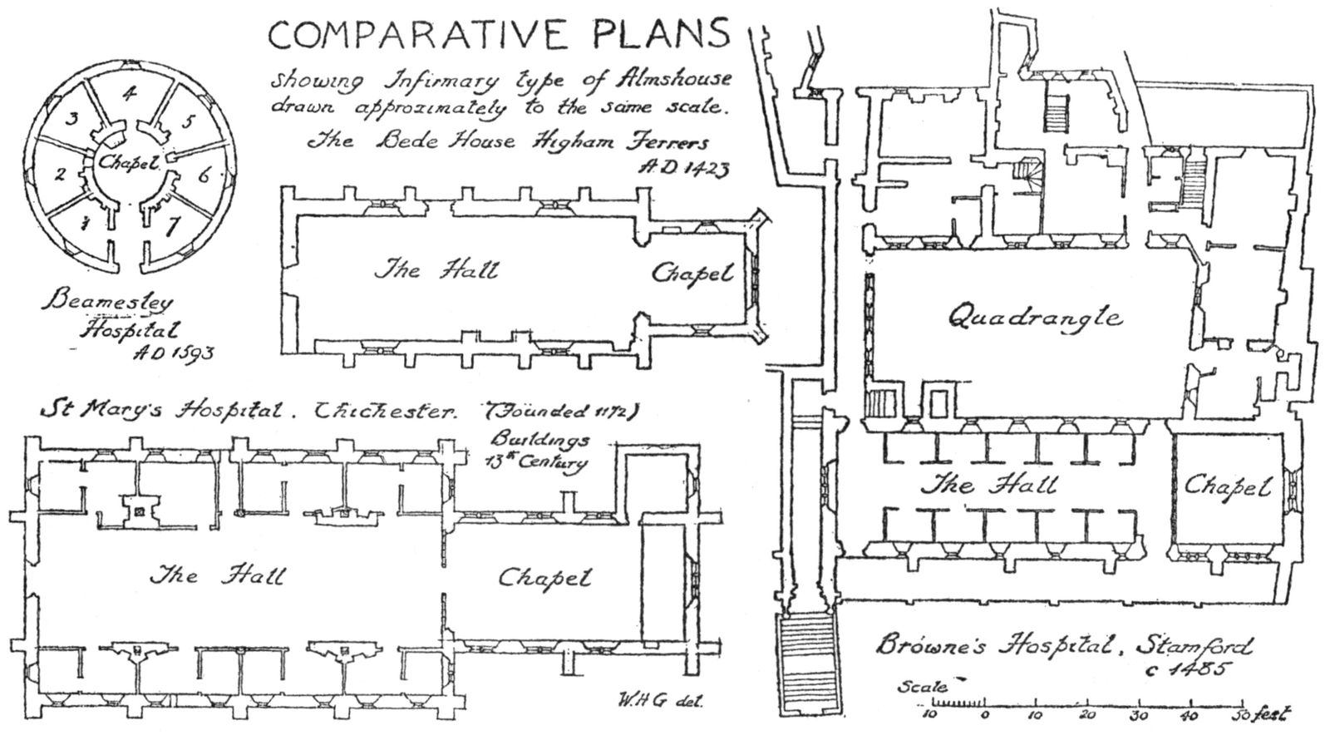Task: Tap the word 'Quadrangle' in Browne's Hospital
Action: point(1035,317)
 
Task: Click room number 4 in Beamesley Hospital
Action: point(127,94)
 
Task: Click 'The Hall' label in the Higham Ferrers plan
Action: point(437,269)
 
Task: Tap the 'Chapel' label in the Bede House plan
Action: point(692,273)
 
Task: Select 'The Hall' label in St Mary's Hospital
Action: point(216,575)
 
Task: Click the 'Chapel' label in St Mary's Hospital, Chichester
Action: point(544,577)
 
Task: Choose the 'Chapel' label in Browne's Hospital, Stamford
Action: point(1228,486)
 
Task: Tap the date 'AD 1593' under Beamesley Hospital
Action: point(173,353)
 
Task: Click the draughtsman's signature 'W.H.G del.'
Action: point(661,698)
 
